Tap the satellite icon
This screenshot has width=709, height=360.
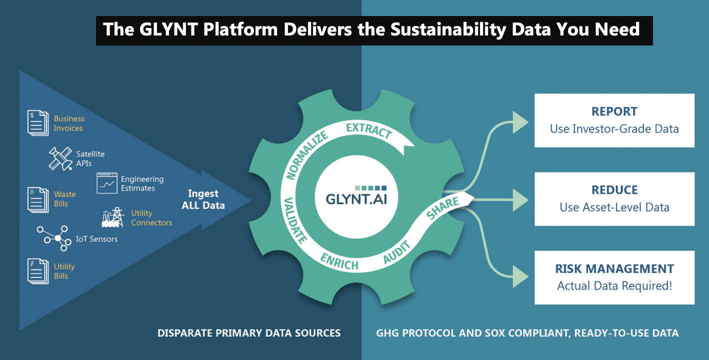click(61, 158)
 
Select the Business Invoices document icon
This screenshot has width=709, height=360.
click(38, 123)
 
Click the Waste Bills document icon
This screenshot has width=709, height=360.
click(38, 199)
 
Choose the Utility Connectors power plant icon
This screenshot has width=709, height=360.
click(113, 217)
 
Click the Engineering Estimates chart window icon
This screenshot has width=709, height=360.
click(106, 183)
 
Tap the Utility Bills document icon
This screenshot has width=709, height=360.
click(38, 271)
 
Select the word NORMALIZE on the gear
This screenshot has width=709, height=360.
click(306, 155)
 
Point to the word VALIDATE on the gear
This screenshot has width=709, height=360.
click(295, 220)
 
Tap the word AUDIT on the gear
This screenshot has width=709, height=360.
click(397, 252)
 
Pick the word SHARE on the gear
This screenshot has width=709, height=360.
click(442, 208)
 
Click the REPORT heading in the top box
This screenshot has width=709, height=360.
click(614, 111)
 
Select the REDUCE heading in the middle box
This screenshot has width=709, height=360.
click(614, 190)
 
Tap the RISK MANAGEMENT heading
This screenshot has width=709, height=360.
click(614, 269)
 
